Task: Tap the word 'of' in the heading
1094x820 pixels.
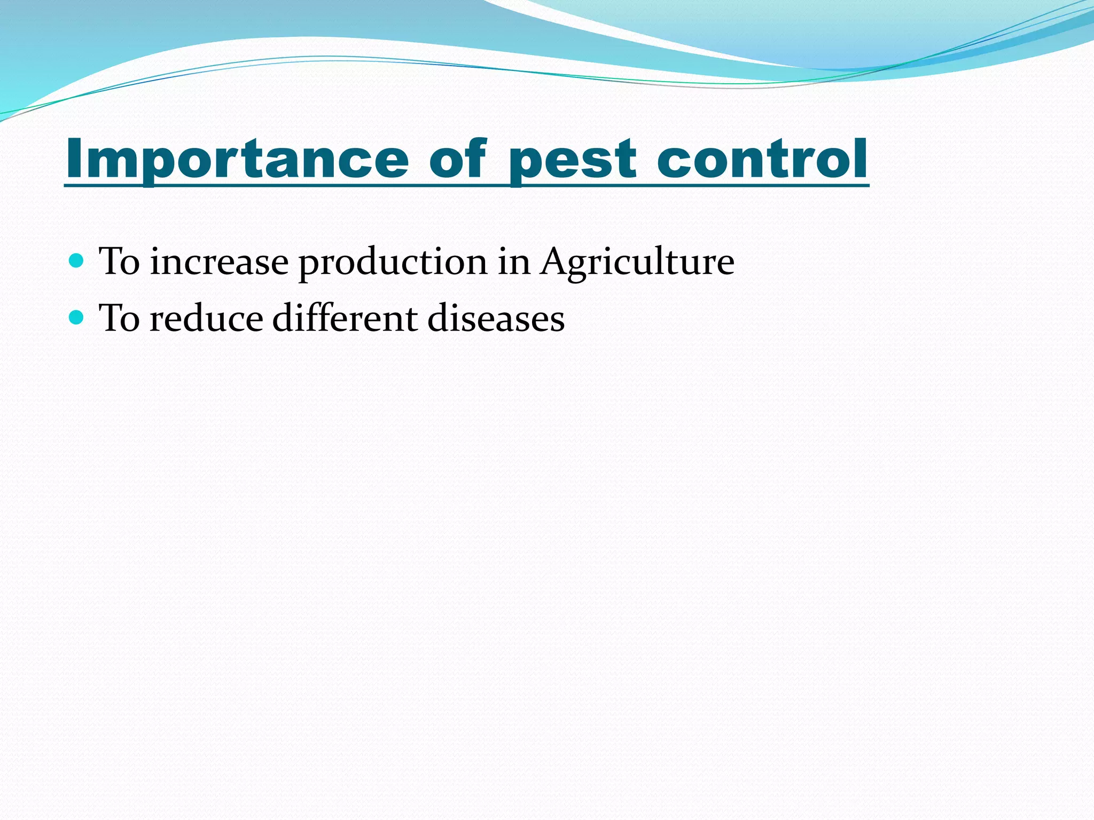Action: coord(458,159)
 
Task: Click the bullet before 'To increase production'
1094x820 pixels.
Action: coord(77,261)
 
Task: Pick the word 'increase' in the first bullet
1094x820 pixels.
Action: coord(219,263)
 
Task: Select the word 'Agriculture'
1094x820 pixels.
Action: coord(637,263)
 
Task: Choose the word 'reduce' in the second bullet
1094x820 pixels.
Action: coord(206,319)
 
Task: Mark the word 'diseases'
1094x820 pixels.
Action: coord(496,319)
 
